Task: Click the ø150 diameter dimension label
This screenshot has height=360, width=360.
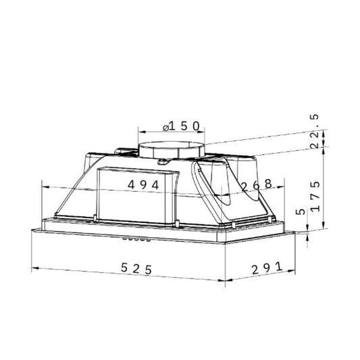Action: tap(181, 126)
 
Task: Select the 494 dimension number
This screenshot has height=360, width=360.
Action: tap(143, 185)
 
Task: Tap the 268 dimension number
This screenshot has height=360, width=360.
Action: tap(257, 186)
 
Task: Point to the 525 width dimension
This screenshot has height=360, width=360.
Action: tap(136, 268)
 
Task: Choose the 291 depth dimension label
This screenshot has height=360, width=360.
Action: tap(267, 268)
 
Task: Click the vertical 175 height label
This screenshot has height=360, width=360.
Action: tap(315, 197)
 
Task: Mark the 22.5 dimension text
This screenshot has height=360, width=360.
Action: tap(315, 131)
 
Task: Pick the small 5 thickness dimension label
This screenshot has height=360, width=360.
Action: tap(301, 211)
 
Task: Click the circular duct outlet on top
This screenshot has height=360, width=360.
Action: tap(172, 150)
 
